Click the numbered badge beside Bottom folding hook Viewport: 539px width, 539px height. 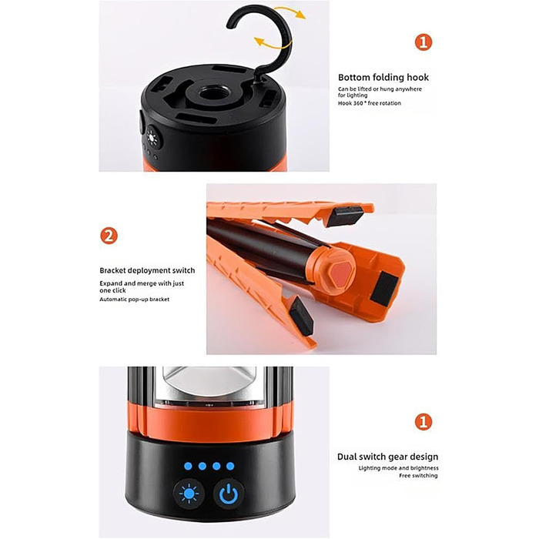pos(423,42)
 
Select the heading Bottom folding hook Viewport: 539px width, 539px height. pos(383,77)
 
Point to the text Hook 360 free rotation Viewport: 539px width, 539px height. pos(369,103)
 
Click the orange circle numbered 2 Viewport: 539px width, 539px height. pos(109,236)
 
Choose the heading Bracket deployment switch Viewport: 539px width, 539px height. pos(147,270)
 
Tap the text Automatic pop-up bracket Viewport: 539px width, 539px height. pos(135,300)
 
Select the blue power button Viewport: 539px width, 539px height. pos(229,494)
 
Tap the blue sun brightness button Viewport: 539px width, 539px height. pos(189,494)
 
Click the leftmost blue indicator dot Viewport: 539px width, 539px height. pos(188,466)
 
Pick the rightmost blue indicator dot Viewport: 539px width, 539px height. pos(230,466)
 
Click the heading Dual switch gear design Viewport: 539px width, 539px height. pos(388,457)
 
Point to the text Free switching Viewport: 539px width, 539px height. pos(418,476)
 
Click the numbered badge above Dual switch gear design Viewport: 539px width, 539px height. pos(423,422)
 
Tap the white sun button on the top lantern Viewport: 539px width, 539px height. pos(152,138)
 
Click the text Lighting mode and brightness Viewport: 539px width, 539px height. pos(398,468)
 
